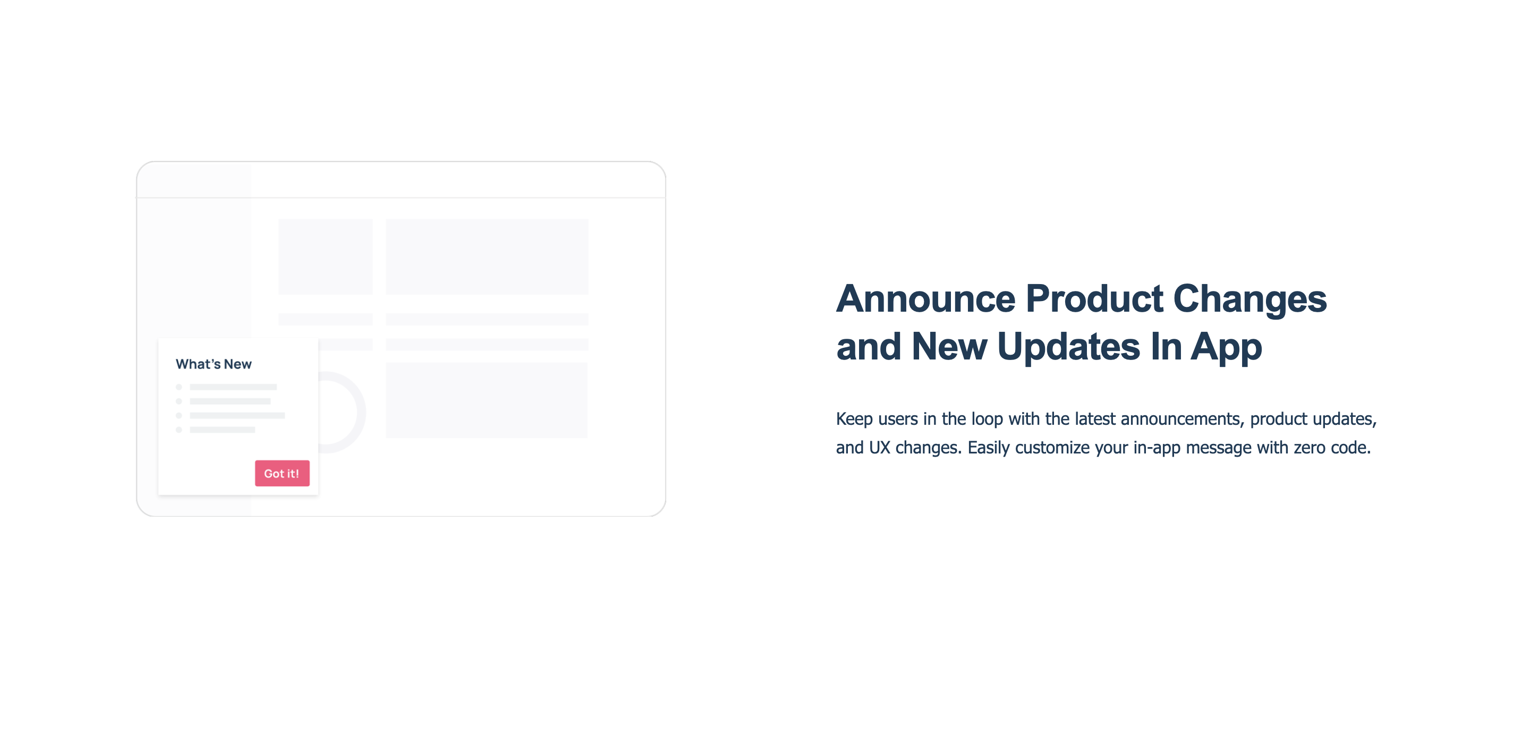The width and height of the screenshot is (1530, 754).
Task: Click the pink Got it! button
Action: point(282,473)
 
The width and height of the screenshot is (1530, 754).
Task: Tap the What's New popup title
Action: point(214,364)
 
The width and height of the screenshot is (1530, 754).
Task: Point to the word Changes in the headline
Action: point(1249,299)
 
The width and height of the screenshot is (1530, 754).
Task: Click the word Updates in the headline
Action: point(1068,347)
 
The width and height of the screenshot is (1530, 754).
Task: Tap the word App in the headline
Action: point(1226,347)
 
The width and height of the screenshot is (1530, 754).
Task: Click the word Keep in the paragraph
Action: point(854,419)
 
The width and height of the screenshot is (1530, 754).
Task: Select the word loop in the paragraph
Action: point(987,419)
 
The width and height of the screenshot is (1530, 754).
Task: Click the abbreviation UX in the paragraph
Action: point(880,447)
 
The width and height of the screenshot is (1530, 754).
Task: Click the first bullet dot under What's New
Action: point(179,387)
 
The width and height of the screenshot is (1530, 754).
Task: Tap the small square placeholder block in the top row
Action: point(326,256)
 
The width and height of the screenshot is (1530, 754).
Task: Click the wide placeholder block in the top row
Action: point(487,256)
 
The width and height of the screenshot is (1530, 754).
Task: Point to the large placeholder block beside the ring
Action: point(487,400)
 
